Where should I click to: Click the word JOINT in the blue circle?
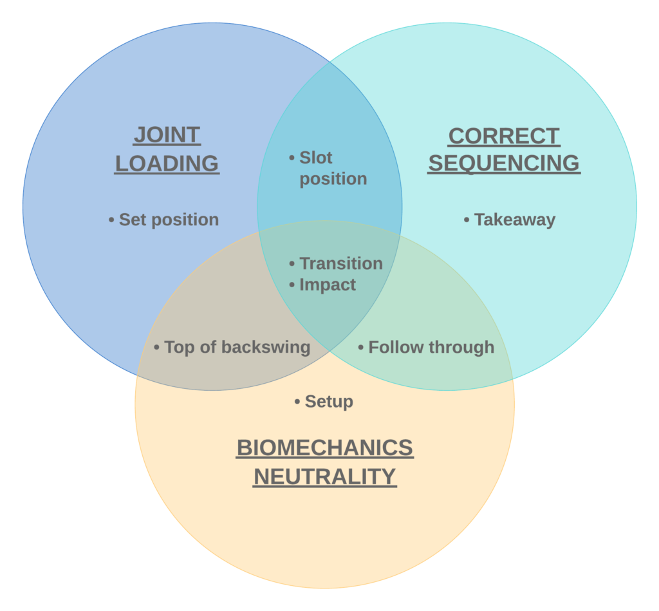tap(167, 135)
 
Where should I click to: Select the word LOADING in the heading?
tap(167, 164)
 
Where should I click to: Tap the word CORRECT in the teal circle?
tap(504, 136)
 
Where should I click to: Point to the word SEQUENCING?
tap(504, 163)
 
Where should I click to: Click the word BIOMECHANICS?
tap(325, 447)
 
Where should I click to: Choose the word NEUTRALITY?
tap(325, 477)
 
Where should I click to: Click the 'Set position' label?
tap(169, 220)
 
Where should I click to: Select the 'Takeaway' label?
tap(515, 220)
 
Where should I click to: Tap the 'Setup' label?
tap(329, 402)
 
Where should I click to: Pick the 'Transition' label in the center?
tap(341, 264)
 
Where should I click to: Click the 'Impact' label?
tap(328, 285)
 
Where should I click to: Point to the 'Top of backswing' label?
tap(237, 347)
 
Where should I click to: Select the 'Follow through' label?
tap(431, 347)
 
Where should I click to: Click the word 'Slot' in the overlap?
tap(315, 158)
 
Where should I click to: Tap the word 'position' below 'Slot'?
tap(333, 179)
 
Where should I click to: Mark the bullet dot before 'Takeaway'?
tap(467, 220)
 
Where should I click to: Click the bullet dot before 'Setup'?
tap(297, 402)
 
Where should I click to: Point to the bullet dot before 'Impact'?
tap(292, 285)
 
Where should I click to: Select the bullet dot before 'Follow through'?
tap(360, 348)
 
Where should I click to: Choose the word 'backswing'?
tap(266, 347)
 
